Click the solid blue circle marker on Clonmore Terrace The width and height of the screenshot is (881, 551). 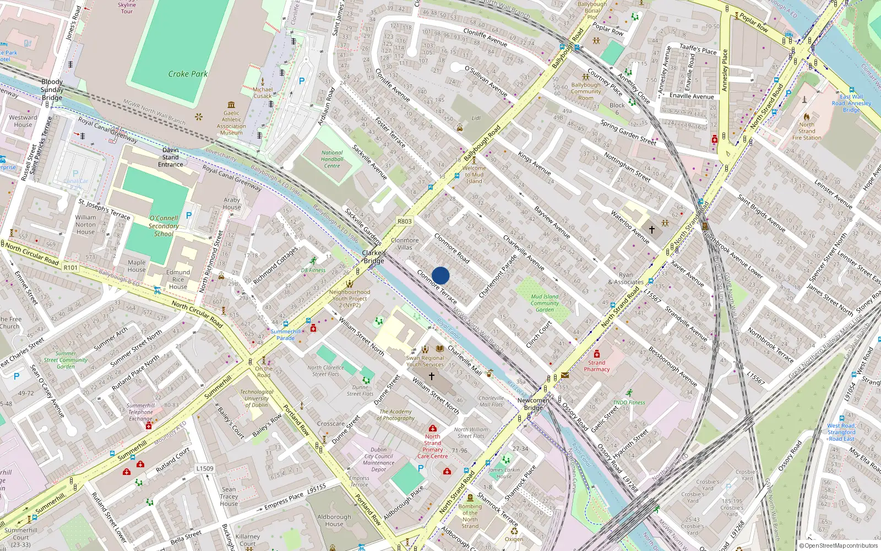(440, 275)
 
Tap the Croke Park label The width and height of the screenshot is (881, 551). (188, 74)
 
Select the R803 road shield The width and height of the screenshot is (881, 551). (404, 222)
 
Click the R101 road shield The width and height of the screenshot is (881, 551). (70, 268)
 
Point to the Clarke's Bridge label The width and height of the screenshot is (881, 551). (374, 257)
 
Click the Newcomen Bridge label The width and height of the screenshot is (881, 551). (533, 404)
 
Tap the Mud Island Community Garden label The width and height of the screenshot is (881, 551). (545, 303)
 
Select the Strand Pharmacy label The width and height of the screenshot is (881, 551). (596, 366)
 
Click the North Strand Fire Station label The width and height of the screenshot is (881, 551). (807, 131)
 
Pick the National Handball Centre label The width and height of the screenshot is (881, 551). (332, 159)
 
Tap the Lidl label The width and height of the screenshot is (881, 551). (476, 118)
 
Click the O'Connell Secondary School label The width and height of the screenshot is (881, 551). (164, 226)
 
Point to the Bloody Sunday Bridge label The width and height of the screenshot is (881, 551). (52, 90)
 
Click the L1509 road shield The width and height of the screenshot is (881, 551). (205, 468)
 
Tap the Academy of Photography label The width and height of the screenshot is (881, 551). (395, 415)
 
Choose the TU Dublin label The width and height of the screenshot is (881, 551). (257, 398)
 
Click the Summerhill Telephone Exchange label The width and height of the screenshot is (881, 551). (141, 412)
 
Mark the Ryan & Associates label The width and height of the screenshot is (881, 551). (626, 278)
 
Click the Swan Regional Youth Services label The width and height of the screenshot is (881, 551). (425, 361)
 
